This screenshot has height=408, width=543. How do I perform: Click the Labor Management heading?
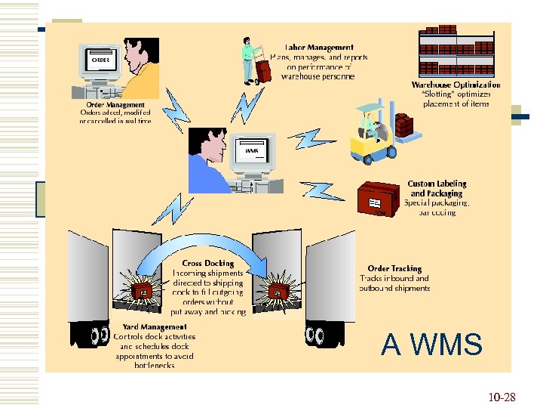tap(317, 47)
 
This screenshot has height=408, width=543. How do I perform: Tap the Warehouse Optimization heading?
tap(456, 85)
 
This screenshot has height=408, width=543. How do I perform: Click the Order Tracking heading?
tap(394, 268)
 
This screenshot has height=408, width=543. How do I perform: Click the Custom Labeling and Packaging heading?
tap(437, 188)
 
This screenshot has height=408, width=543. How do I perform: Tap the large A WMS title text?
tap(431, 345)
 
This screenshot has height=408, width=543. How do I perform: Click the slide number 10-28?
tap(502, 396)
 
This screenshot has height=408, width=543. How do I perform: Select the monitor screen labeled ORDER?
tap(101, 60)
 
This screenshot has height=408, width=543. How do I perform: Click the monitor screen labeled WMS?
tap(252, 150)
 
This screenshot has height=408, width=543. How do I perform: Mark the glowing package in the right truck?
tap(278, 292)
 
